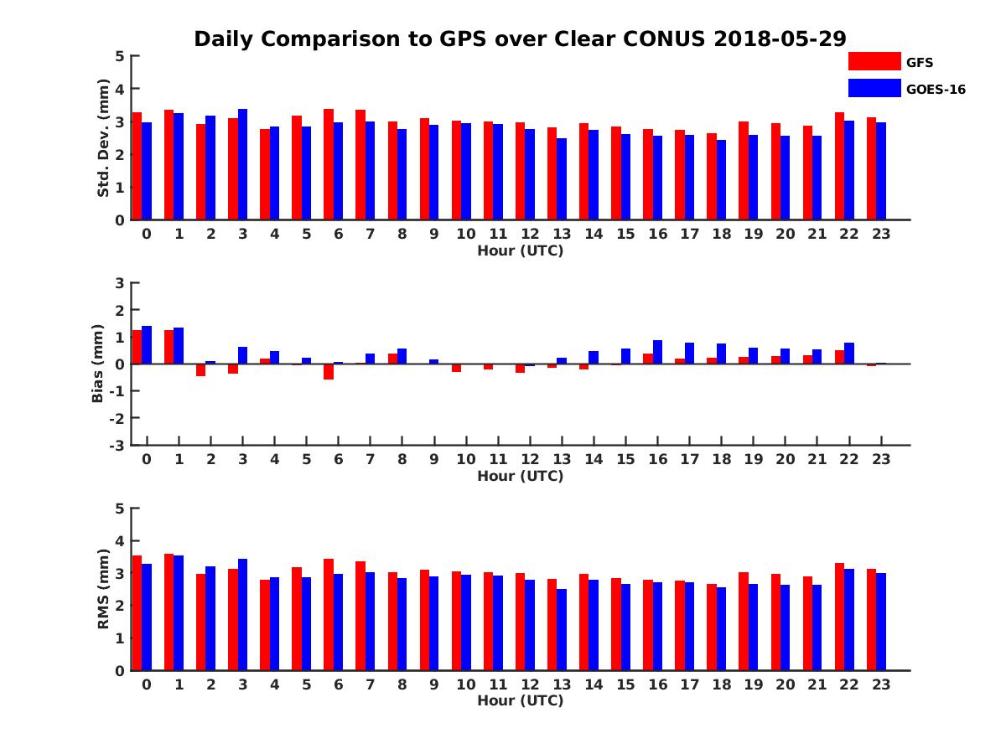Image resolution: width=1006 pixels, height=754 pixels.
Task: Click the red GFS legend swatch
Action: click(x=874, y=61)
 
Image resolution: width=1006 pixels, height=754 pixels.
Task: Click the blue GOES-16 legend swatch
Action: click(x=874, y=87)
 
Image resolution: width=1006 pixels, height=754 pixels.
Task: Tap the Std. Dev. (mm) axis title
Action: click(x=104, y=138)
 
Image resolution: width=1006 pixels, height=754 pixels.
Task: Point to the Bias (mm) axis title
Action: click(x=98, y=364)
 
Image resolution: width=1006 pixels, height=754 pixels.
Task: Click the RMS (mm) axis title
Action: click(x=104, y=589)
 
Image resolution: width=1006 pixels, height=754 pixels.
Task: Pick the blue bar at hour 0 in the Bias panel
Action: click(x=147, y=345)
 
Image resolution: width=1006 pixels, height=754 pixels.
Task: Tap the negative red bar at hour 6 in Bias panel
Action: click(x=329, y=372)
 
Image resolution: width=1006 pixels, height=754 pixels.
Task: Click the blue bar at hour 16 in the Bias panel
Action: click(x=657, y=352)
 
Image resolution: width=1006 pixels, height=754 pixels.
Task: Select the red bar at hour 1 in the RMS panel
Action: click(x=169, y=612)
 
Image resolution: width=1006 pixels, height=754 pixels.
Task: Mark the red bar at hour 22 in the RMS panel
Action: click(x=839, y=617)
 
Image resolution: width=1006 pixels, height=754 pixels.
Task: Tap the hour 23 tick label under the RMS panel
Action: click(x=880, y=684)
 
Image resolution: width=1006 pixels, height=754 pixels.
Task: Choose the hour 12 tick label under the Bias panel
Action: click(x=530, y=459)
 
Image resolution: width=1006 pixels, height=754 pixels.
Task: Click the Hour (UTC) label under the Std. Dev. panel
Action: click(x=520, y=250)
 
